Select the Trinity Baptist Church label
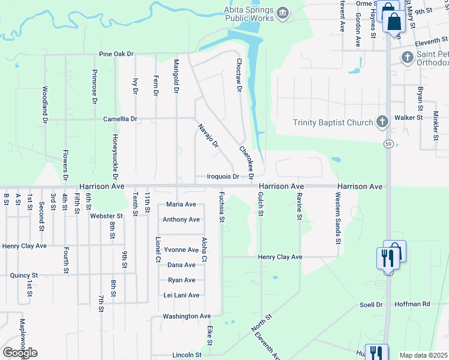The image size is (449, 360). pos(333,123)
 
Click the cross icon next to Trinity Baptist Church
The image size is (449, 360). pos(382,122)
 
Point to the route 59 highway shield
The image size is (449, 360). pos(388,144)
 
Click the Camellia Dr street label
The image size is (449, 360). pos(120,119)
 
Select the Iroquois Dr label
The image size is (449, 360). pos(223,177)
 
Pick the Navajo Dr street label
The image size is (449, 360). pos(208,136)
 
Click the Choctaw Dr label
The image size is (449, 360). pos(238,77)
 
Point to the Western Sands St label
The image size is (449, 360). pos(338,218)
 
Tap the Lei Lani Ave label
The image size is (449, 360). pos(181,295)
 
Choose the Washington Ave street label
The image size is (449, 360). pos(187,316)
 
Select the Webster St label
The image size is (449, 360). pos(106,215)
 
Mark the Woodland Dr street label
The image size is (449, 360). pos(45,104)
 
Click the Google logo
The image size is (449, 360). pos(20,353)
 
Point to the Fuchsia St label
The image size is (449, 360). pos(221,207)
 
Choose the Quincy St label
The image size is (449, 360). pos(24,275)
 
